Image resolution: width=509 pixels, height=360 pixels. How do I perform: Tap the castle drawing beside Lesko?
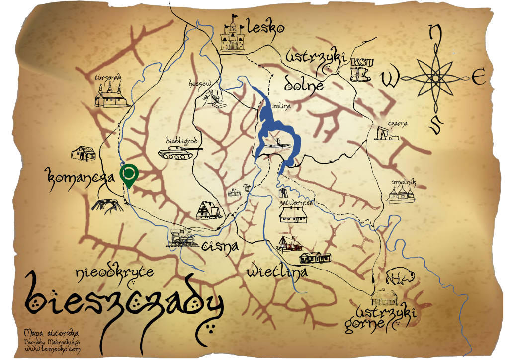click(232, 34)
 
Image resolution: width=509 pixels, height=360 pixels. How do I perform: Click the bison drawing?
click(398, 275)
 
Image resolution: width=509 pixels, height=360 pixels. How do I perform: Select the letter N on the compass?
click(435, 33)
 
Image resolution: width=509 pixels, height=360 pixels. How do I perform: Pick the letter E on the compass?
click(478, 78)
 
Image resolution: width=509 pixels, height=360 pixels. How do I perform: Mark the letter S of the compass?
click(435, 124)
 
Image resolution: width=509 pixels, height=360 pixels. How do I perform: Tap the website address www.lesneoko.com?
click(52, 350)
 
